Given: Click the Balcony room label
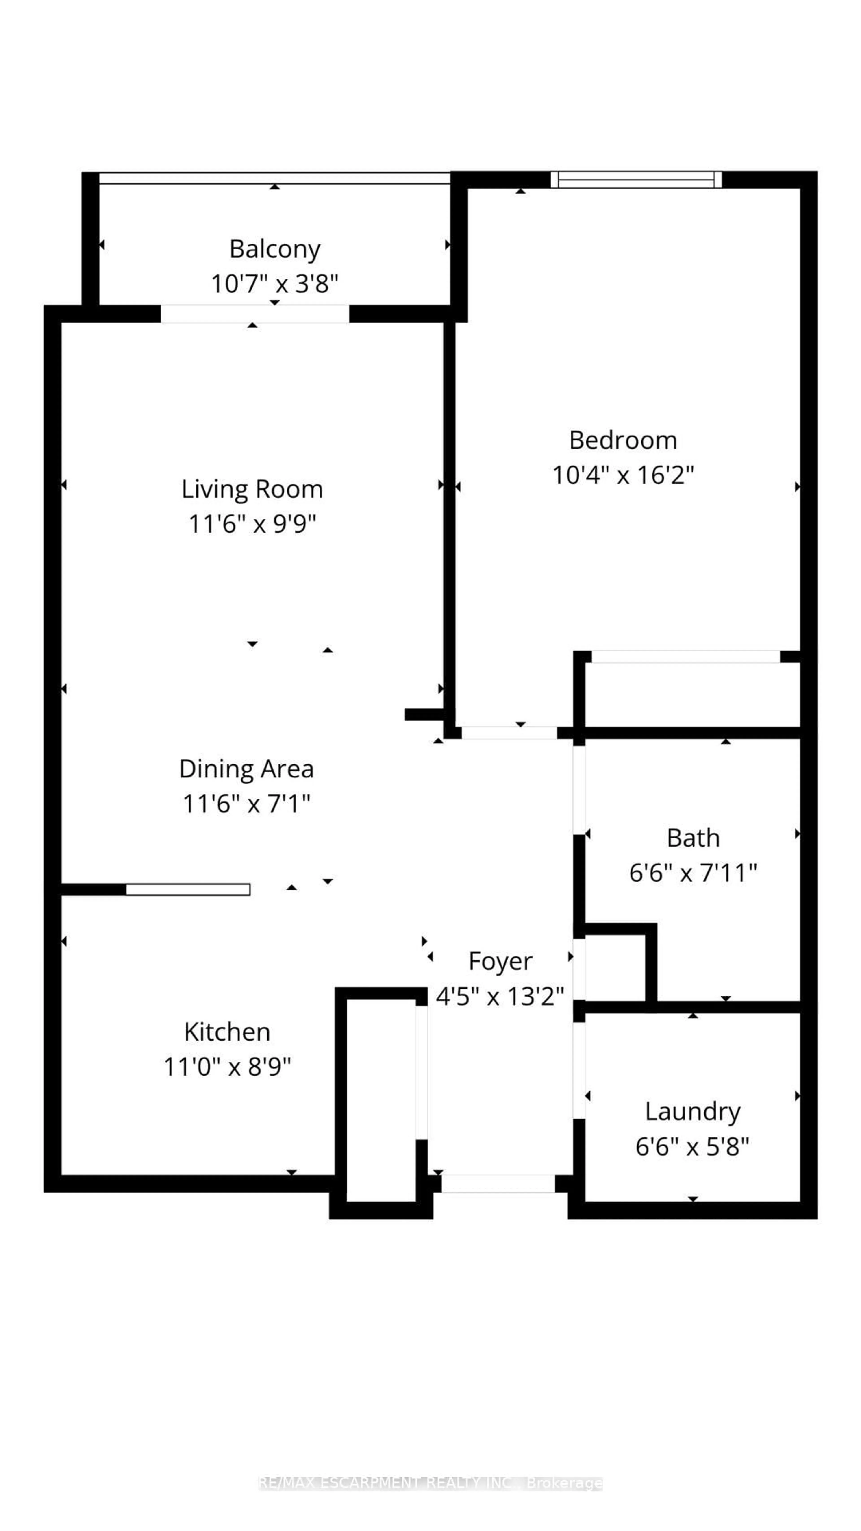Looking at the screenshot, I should tap(274, 249).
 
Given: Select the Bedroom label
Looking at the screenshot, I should tap(623, 440).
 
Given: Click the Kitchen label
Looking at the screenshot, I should tap(227, 1032).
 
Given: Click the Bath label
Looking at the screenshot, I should tap(693, 838).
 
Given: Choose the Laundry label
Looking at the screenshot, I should tap(693, 1111).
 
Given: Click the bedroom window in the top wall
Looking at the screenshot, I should tap(636, 179).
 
